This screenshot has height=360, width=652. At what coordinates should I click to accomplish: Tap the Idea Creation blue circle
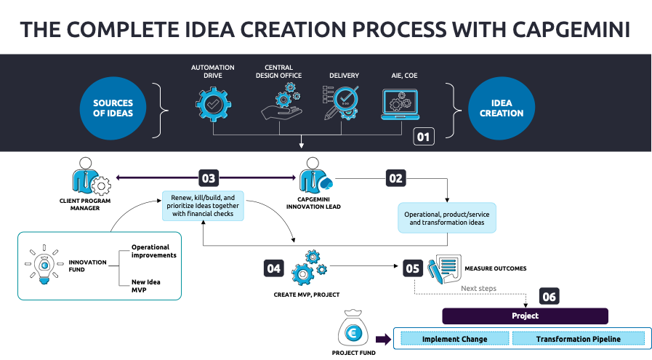502,108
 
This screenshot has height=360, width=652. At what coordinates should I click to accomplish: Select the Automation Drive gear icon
213,104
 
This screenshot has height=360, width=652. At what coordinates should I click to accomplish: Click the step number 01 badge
424,136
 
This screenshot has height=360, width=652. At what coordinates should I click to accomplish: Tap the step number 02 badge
396,177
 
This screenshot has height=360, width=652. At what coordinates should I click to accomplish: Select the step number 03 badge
209,177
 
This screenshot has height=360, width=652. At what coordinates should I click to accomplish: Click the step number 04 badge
274,268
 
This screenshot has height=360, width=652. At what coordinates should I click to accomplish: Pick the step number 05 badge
412,268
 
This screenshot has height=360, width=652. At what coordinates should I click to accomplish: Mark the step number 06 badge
550,296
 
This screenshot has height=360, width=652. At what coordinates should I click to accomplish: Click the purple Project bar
525,316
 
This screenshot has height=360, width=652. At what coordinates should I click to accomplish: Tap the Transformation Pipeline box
579,339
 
